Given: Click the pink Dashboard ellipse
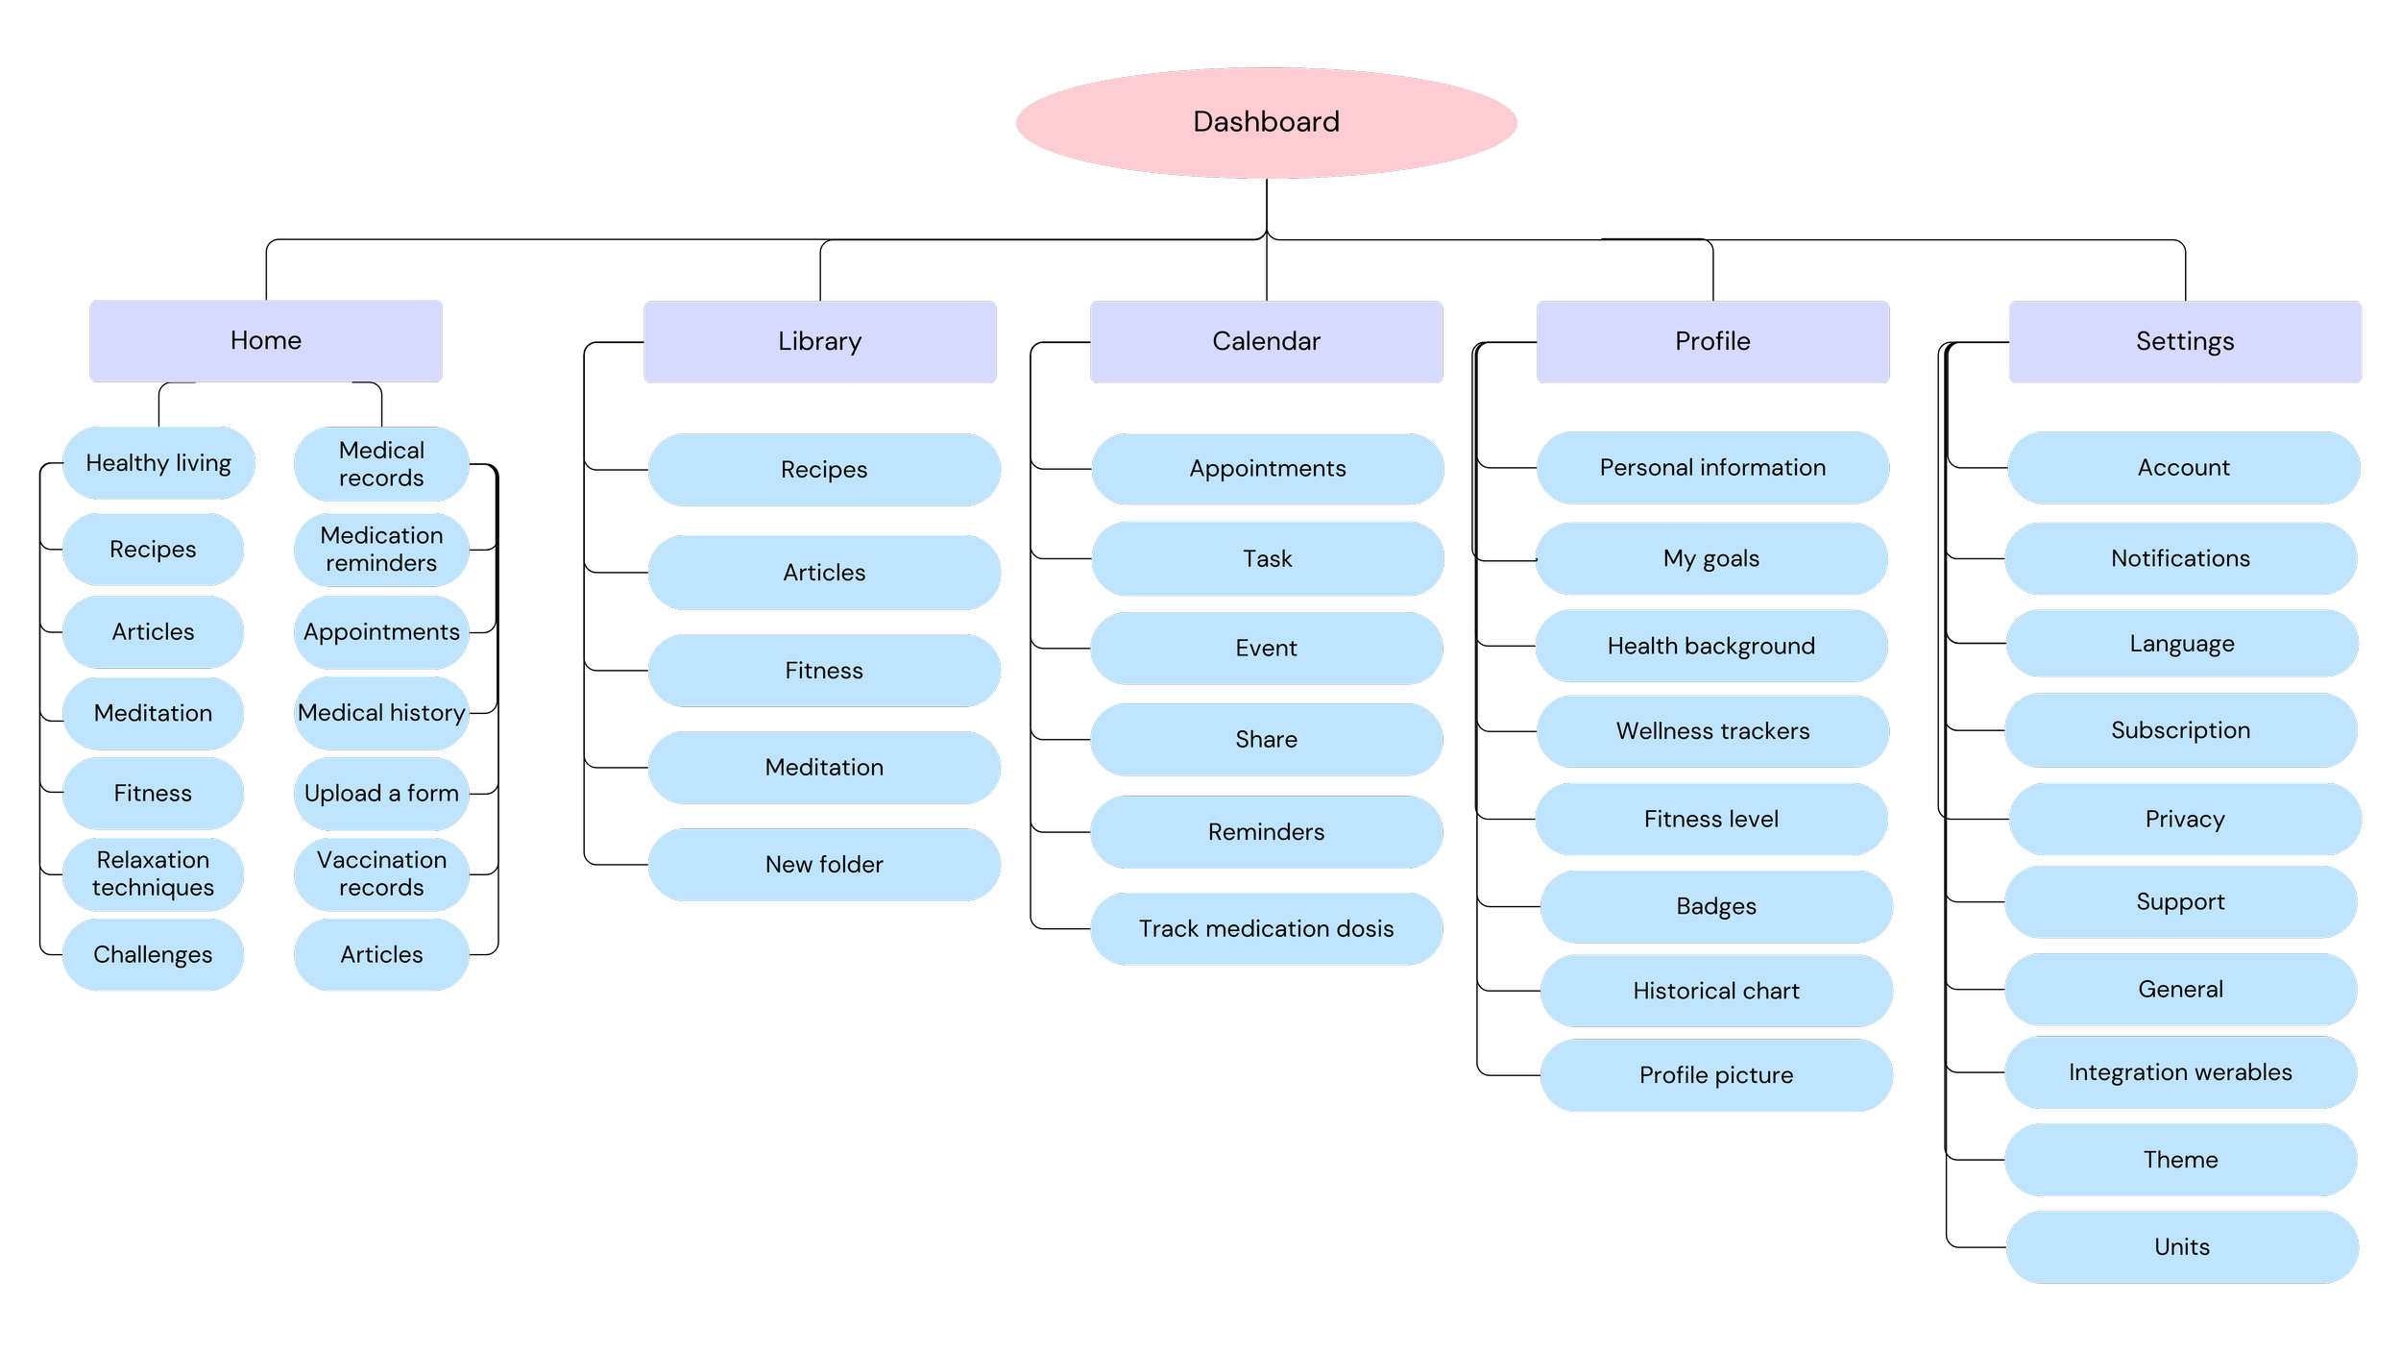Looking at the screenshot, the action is pyautogui.click(x=1266, y=122).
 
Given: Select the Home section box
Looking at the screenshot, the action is pyautogui.click(x=266, y=341).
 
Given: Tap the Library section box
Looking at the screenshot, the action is pyautogui.click(x=820, y=342).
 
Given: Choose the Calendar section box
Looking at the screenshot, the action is pyautogui.click(x=1267, y=342).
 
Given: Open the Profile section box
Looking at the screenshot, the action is pyautogui.click(x=1713, y=342).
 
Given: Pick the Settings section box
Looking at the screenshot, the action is pyautogui.click(x=2185, y=342).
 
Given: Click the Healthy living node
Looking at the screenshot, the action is pyautogui.click(x=158, y=463).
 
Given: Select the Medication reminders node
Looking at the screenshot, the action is pyautogui.click(x=381, y=550).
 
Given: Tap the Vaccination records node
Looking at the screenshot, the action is pyautogui.click(x=381, y=874).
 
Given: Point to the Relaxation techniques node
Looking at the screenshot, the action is pyautogui.click(x=153, y=874).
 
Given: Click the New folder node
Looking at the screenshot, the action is pyautogui.click(x=824, y=865).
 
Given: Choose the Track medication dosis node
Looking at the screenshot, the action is pyautogui.click(x=1267, y=929).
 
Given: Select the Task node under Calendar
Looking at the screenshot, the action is pyautogui.click(x=1268, y=559).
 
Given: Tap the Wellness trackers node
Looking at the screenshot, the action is pyautogui.click(x=1713, y=731).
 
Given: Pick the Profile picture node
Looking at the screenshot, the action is pyautogui.click(x=1716, y=1075).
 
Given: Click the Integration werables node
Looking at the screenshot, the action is pyautogui.click(x=2181, y=1072).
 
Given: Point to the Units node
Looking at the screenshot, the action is pyautogui.click(x=2182, y=1247).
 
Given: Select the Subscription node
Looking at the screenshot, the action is pyautogui.click(x=2181, y=730).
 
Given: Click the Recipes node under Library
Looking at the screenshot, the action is pyautogui.click(x=824, y=470).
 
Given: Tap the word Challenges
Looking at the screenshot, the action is pyautogui.click(x=153, y=955).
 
